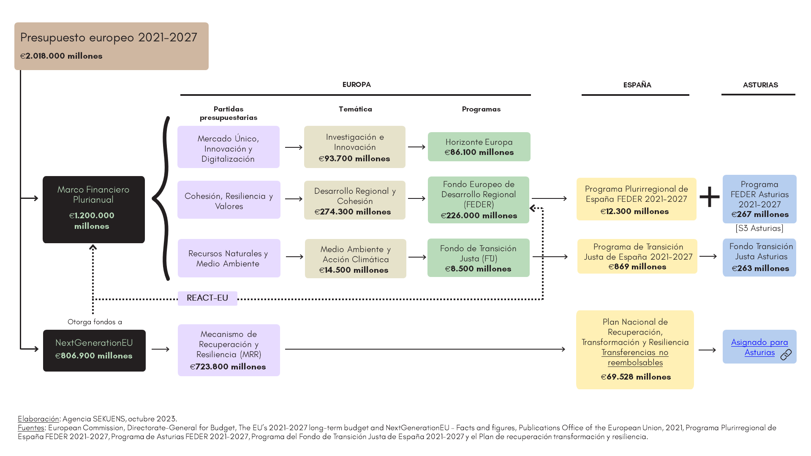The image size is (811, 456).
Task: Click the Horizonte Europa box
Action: click(479, 147)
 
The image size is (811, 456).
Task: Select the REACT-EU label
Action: click(207, 298)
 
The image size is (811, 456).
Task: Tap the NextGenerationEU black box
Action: click(94, 350)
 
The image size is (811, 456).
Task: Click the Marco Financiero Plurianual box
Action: click(94, 209)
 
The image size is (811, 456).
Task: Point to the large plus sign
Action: click(710, 197)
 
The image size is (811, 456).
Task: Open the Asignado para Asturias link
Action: click(759, 347)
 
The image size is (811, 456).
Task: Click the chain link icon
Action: click(786, 355)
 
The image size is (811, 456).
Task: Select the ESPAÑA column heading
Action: click(637, 85)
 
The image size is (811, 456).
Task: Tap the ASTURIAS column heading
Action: click(760, 85)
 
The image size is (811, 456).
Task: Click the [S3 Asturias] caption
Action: click(759, 228)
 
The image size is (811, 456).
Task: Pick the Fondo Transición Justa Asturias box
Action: click(759, 258)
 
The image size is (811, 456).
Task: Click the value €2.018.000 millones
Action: click(61, 56)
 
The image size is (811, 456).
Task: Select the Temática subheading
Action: click(355, 109)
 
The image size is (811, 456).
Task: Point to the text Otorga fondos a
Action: click(95, 322)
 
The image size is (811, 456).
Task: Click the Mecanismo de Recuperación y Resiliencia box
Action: click(229, 350)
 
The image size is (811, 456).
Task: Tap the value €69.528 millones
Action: click(636, 377)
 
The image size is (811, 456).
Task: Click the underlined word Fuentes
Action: click(31, 428)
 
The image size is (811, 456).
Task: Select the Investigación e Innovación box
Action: click(355, 147)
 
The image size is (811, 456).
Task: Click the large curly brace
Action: click(162, 198)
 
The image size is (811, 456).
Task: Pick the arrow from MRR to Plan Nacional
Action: click(425, 349)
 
